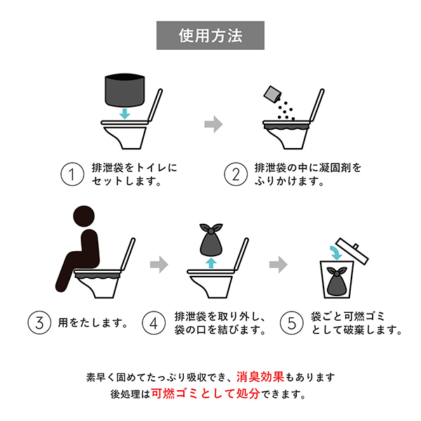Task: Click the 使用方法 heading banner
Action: click(210, 36)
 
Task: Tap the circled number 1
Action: click(72, 174)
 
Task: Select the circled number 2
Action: click(236, 174)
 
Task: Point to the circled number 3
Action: click(39, 323)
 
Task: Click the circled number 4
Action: click(154, 323)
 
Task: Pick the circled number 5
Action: click(292, 323)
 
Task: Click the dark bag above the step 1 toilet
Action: click(125, 91)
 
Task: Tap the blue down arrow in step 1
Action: click(125, 114)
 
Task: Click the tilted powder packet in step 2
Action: click(272, 94)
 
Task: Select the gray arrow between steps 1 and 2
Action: click(213, 124)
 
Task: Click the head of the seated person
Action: click(83, 216)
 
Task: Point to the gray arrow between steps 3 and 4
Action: click(159, 265)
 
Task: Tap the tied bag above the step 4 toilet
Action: click(211, 239)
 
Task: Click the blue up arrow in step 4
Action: click(211, 263)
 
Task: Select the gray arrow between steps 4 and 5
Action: click(278, 265)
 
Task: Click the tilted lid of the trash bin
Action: click(352, 251)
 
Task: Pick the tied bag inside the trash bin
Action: click(337, 281)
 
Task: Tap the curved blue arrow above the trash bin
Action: click(335, 253)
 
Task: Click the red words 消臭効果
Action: click(260, 377)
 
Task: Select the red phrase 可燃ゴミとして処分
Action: click(206, 394)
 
